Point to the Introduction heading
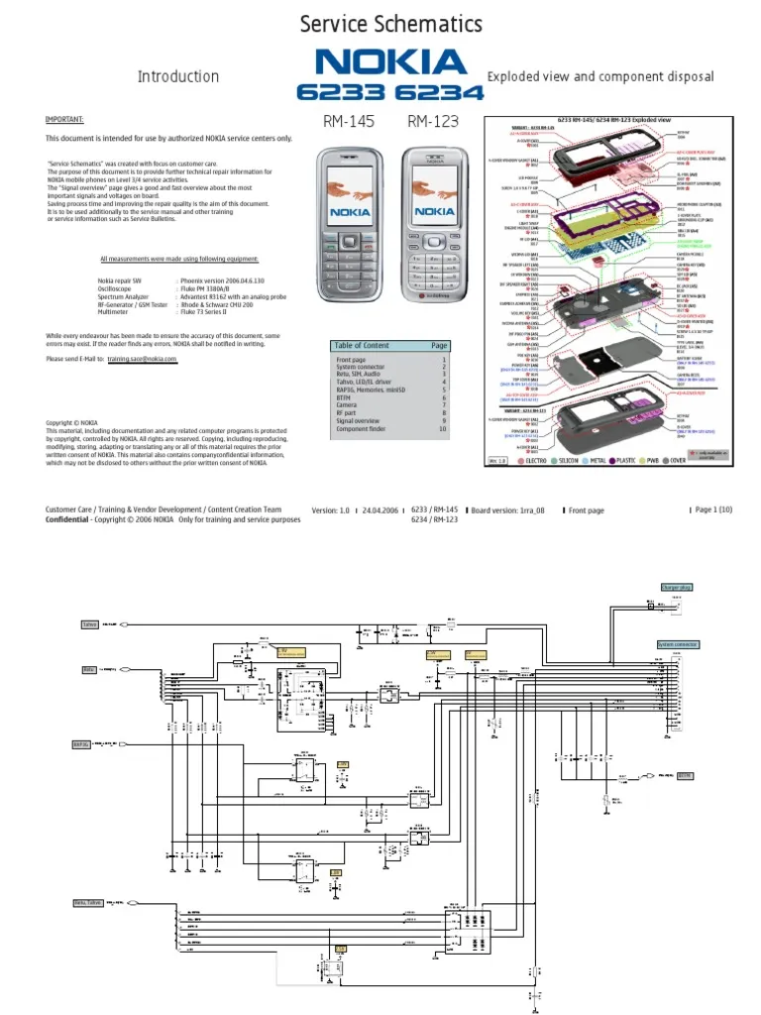click(178, 76)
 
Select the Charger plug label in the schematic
click(677, 587)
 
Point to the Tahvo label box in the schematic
click(89, 624)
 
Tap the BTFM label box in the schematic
click(685, 776)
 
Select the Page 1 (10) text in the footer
click(713, 509)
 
